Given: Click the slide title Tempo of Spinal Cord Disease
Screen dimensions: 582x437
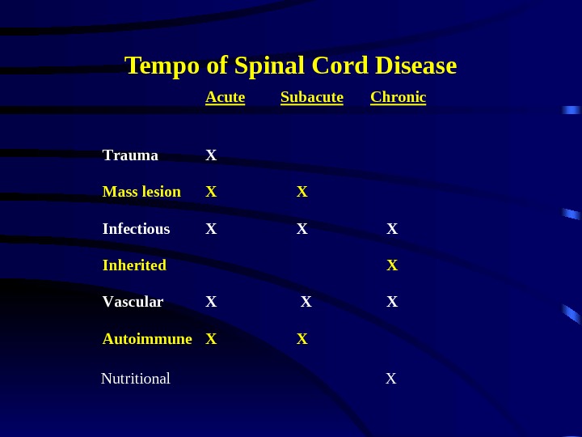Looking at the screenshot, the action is (290, 65).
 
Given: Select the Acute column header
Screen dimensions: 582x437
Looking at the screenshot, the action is (226, 98).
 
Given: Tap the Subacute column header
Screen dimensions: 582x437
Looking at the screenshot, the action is (312, 98).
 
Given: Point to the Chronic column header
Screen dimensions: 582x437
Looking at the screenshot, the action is (398, 98).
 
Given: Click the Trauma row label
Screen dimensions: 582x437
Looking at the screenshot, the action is (130, 155).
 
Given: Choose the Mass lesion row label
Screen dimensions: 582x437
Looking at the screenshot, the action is (141, 192).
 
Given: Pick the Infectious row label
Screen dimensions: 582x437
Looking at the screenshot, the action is (136, 229).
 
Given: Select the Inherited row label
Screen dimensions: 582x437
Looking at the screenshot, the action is (134, 265).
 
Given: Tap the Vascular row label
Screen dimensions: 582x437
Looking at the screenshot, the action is (133, 302).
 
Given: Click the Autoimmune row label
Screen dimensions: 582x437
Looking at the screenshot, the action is (147, 339).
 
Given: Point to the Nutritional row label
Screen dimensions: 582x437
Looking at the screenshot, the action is (136, 378).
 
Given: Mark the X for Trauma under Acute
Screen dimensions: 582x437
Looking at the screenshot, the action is (211, 155).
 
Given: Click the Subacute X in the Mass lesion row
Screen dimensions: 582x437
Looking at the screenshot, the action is (302, 192).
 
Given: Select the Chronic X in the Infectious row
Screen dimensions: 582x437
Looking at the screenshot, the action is (392, 229).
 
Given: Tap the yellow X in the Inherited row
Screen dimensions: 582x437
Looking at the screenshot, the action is (392, 265).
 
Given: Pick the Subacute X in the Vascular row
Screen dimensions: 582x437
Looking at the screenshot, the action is (306, 302).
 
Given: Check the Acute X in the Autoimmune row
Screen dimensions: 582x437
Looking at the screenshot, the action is (211, 339).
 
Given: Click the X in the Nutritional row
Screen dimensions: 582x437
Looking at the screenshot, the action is (391, 378).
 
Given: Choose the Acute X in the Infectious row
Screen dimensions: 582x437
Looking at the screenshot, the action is (211, 229).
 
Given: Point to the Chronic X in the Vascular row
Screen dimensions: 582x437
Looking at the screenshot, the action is (392, 302).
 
